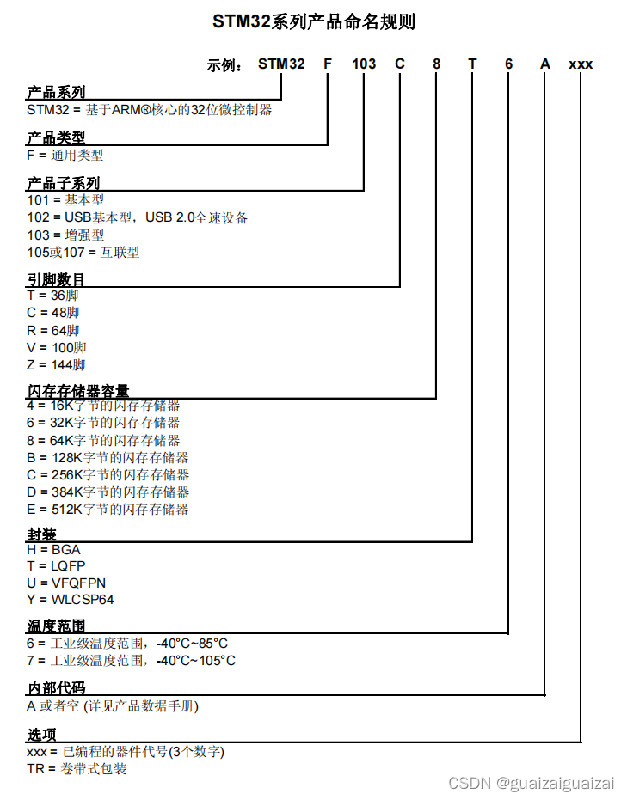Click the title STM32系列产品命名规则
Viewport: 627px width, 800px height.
point(314,22)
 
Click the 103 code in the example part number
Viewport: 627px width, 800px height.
point(364,64)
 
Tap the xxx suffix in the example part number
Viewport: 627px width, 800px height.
point(581,64)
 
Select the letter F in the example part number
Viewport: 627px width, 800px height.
point(328,64)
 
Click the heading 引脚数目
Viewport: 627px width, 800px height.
point(56,279)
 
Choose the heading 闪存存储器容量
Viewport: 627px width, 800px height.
point(78,391)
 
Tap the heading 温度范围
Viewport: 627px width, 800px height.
point(56,626)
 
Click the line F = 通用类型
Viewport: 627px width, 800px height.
point(65,156)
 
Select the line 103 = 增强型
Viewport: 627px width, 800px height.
point(65,235)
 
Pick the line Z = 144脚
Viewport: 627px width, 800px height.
point(56,365)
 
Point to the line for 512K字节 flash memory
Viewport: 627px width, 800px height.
point(108,510)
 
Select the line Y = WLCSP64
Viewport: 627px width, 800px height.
point(70,600)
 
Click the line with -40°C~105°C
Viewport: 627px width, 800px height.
point(131,661)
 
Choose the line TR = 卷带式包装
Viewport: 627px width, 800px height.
point(77,769)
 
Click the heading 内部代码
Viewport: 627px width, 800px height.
point(56,689)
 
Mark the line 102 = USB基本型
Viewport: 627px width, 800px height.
point(138,218)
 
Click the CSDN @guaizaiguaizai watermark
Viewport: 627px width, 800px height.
point(532,783)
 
